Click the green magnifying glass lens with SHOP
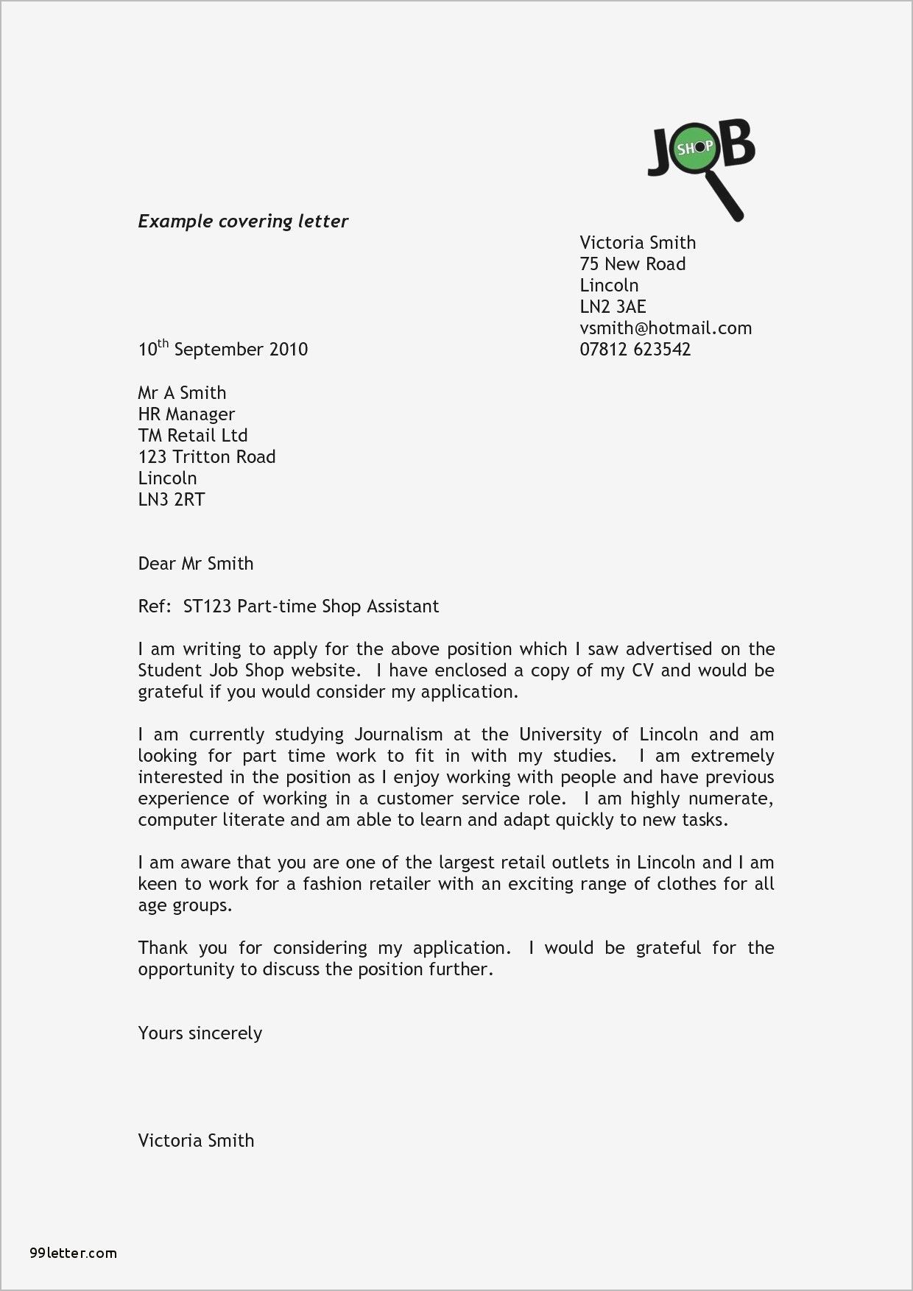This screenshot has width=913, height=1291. [695, 149]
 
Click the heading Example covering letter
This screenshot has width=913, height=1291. [243, 222]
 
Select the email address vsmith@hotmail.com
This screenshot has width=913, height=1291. [666, 328]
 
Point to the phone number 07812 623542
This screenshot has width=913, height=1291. [635, 350]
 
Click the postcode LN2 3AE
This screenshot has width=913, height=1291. [613, 307]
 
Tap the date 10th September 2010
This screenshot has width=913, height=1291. [222, 349]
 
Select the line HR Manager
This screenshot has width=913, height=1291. [186, 414]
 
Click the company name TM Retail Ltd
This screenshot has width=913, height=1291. [192, 436]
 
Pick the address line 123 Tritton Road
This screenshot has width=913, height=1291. [206, 457]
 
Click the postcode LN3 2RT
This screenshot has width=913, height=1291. [171, 500]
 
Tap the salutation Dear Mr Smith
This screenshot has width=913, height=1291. [195, 564]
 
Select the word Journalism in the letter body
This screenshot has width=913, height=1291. [398, 735]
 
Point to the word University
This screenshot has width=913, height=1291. [564, 735]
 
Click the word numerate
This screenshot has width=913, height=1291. [737, 799]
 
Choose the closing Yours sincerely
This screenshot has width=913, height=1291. [200, 1033]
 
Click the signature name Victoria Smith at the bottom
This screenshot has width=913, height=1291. [196, 1141]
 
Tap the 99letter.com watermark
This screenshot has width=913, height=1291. [74, 1253]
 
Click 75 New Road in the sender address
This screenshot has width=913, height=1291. [632, 264]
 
